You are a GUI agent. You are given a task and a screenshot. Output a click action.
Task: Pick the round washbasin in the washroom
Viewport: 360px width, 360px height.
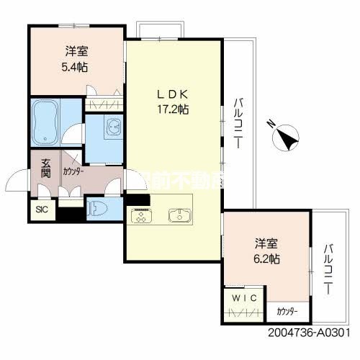click(113, 128)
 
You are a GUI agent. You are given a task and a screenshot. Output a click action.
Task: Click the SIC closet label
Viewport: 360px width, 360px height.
click(41, 210)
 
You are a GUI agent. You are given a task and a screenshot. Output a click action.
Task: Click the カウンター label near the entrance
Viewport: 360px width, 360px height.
click(72, 172)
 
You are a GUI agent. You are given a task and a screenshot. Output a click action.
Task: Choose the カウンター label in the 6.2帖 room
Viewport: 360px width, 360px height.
click(289, 312)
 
